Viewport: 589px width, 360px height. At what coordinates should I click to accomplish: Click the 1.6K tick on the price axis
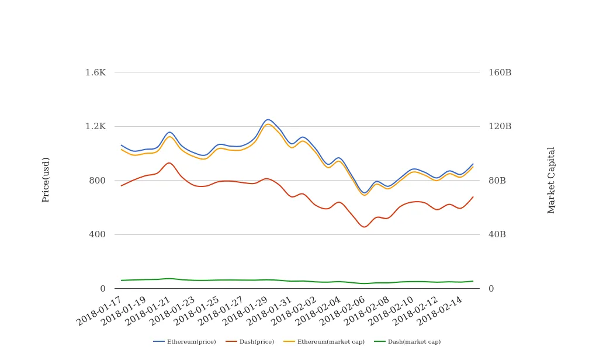95,72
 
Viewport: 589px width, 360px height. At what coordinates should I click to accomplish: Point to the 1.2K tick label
95,126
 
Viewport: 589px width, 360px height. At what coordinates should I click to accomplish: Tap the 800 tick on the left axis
97,181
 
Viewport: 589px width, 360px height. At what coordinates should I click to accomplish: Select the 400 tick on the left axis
97,234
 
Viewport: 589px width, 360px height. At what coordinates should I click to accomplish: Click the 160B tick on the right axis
500,72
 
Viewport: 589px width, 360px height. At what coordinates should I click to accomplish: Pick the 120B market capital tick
500,126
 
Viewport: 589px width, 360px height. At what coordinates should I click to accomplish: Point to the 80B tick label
497,181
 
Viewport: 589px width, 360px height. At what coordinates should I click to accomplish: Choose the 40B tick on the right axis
497,234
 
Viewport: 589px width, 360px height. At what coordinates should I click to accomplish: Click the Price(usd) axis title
46,179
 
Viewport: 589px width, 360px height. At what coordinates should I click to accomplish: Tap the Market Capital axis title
551,180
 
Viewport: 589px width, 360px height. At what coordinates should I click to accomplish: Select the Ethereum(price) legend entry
185,342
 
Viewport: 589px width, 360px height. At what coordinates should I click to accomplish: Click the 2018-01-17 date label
100,311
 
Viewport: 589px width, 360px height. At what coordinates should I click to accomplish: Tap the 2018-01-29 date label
246,311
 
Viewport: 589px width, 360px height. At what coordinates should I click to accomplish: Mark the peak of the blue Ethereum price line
268,119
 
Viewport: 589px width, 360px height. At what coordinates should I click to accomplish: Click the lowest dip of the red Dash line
365,227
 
